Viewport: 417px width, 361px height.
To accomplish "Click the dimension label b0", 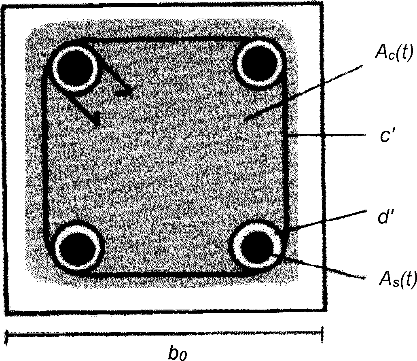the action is pyautogui.click(x=178, y=352).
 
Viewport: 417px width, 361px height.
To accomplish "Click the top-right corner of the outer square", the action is pyautogui.click(x=322, y=4).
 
